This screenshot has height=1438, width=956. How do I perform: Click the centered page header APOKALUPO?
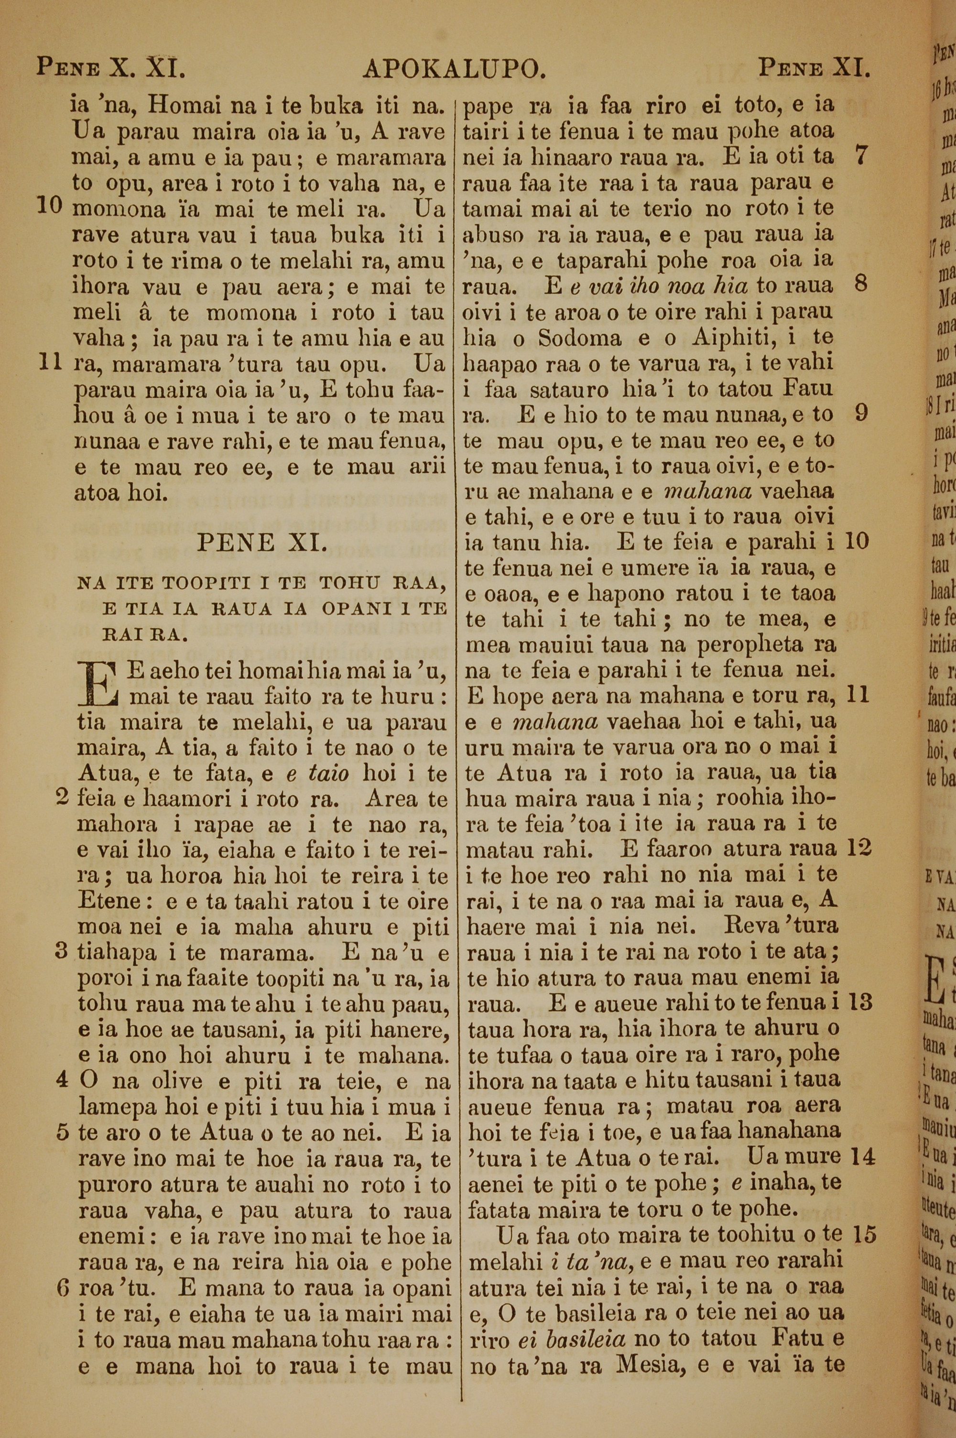click(454, 69)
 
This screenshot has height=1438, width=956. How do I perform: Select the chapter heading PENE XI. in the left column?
click(259, 542)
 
